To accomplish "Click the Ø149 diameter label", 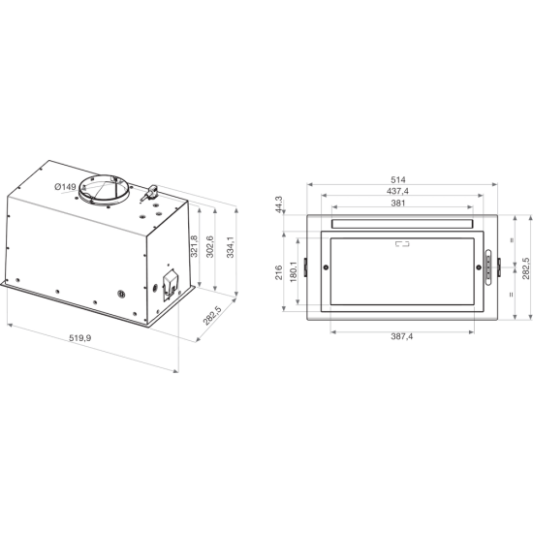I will [65, 187].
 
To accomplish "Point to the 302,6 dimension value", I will [212, 247].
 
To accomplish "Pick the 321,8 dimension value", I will [194, 246].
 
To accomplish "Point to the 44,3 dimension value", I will [277, 206].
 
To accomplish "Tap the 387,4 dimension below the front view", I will [399, 336].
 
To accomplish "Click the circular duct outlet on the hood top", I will [110, 189].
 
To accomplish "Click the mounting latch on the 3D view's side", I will [171, 284].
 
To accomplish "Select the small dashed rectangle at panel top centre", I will [399, 244].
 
